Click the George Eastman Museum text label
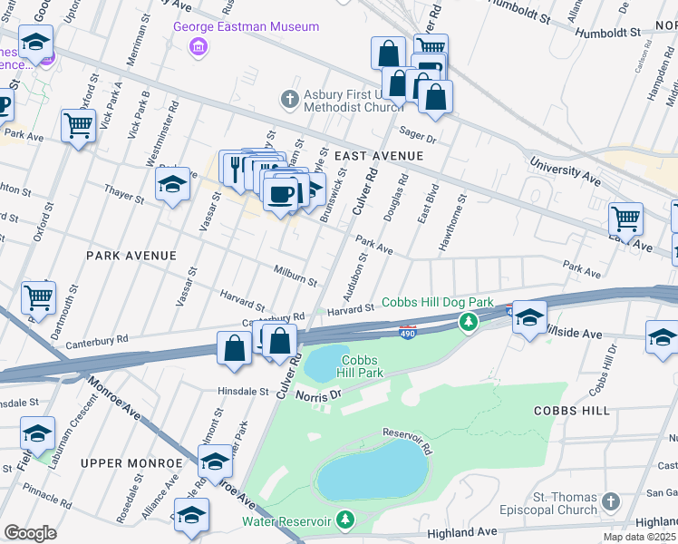pyautogui.click(x=247, y=26)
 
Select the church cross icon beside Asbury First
pyautogui.click(x=289, y=98)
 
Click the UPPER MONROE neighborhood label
pyautogui.click(x=131, y=462)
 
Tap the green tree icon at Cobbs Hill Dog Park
pyautogui.click(x=468, y=322)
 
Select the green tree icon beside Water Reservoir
pyautogui.click(x=344, y=520)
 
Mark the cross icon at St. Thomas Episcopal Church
pyautogui.click(x=611, y=501)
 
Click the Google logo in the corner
pyautogui.click(x=30, y=532)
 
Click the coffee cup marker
pyautogui.click(x=281, y=191)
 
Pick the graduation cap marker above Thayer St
pyautogui.click(x=172, y=184)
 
